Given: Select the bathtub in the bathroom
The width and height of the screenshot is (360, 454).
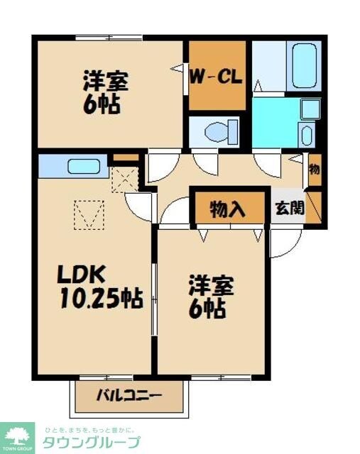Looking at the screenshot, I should coord(304,65).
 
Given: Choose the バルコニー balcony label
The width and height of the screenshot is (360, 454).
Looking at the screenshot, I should coord(129,397).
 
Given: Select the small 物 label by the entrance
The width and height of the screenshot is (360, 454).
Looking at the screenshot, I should coord(315,170).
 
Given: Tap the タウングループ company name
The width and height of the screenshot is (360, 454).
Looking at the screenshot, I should coord(92,442).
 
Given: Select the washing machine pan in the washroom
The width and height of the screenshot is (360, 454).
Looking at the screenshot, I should coord(310,109).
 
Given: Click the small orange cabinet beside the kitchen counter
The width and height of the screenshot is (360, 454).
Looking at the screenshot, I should coord(126,157).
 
